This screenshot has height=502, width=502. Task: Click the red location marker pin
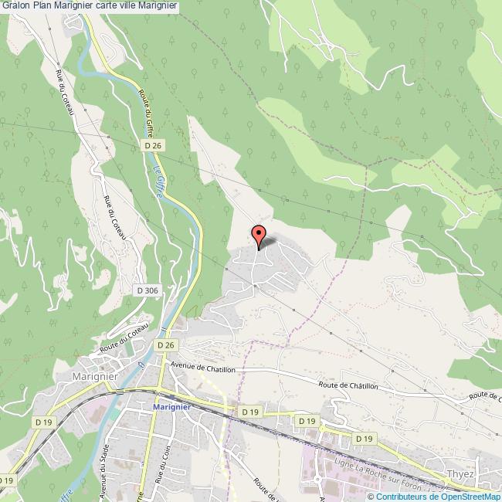coord(259,235)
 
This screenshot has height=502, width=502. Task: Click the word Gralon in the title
coord(15,6)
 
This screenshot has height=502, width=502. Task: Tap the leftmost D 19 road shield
coord(43,422)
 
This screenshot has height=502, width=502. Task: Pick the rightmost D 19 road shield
coord(365,438)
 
